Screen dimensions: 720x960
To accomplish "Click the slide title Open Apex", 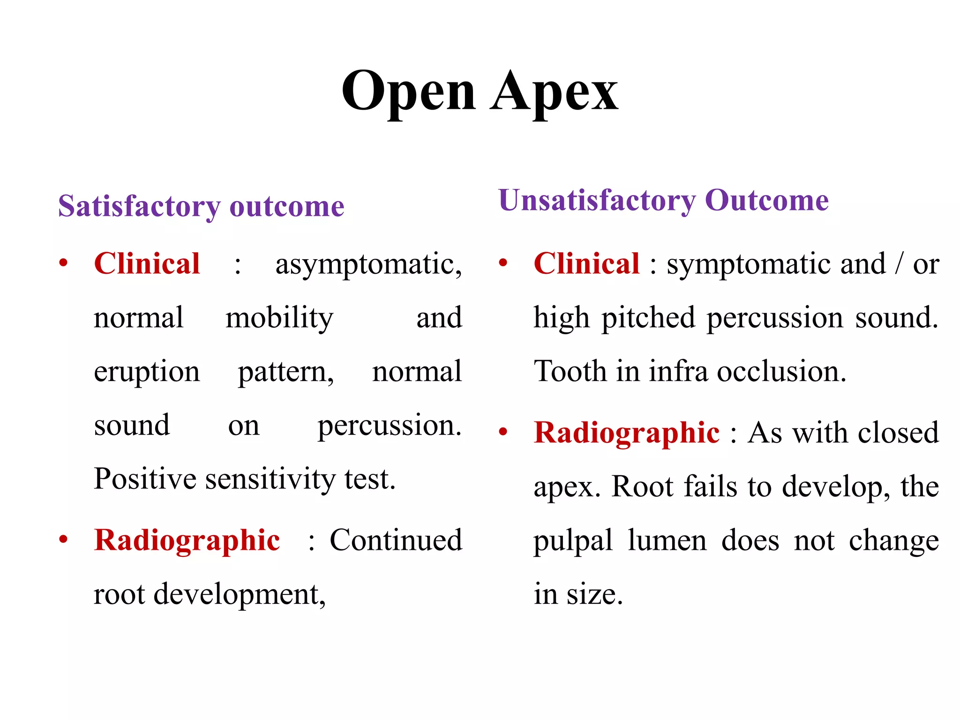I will [480, 91].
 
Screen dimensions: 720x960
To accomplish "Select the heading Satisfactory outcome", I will [201, 206].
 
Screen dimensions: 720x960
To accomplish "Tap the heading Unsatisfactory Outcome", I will [663, 201].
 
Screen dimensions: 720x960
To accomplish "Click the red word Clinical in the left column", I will [147, 263].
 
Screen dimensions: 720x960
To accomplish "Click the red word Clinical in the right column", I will [586, 263].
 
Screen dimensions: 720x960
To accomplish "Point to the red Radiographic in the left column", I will [187, 540].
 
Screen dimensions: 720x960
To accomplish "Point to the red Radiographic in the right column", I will [627, 432].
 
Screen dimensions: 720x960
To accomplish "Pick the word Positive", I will [145, 479].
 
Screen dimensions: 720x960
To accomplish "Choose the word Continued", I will [396, 540].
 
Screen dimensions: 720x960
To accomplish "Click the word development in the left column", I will [239, 594].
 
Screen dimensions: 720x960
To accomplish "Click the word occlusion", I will [781, 372].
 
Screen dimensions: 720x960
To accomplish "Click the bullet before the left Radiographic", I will [63, 540].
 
